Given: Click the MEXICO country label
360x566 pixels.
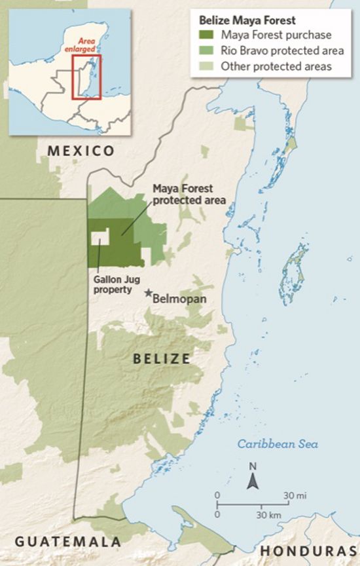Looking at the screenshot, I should pos(81,151).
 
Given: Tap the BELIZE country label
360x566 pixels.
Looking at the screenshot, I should pos(162,358).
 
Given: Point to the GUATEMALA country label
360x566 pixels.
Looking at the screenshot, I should pos(68,542).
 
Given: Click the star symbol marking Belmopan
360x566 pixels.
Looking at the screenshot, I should pos(149,294).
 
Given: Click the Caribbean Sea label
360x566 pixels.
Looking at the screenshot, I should pos(278,444).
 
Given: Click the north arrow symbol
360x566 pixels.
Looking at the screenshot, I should pos(252,482).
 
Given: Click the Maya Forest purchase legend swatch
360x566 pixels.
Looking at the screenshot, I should pos(207,35).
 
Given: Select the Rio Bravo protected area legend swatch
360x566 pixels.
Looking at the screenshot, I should pos(207,50).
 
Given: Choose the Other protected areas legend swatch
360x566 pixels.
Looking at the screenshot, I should pos(207,66).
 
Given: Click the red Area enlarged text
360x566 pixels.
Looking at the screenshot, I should pos(87,45).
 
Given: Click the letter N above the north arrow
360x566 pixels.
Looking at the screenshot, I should pos(252,466).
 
